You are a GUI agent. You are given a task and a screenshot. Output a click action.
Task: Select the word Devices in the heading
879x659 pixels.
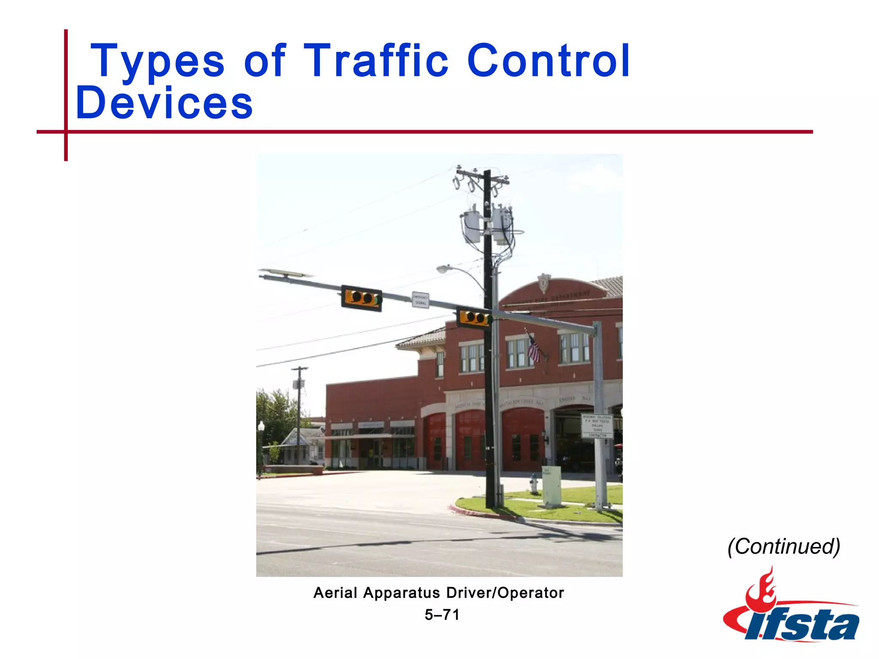[x=164, y=103]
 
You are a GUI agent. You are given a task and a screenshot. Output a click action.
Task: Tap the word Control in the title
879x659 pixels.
[x=548, y=61]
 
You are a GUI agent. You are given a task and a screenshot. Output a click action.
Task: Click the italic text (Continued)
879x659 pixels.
[x=784, y=547]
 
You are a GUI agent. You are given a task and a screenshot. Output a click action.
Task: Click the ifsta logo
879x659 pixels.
[x=791, y=609]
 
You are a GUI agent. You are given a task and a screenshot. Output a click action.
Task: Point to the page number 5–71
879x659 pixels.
[x=442, y=615]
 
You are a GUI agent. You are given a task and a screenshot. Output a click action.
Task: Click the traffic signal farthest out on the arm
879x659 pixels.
[x=361, y=298]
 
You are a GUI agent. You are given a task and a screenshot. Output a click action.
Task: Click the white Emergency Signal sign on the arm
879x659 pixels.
[x=420, y=299]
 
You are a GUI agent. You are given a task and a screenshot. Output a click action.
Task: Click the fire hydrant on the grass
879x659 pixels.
[x=533, y=484]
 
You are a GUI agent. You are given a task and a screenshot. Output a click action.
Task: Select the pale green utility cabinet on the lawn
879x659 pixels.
[x=551, y=486]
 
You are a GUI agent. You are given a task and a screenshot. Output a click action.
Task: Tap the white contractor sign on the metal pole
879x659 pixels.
[x=597, y=426]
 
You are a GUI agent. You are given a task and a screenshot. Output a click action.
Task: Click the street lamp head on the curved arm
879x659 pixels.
[x=443, y=269]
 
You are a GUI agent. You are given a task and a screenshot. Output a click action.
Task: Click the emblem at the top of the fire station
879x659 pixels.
[x=544, y=283]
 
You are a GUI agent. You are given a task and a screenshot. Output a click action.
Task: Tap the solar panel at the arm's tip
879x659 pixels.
[x=285, y=273]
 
